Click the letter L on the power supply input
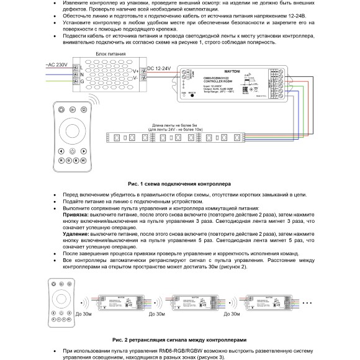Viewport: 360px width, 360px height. (81, 66)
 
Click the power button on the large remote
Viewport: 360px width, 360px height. (73, 151)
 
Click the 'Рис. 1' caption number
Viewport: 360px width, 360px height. (136, 184)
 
